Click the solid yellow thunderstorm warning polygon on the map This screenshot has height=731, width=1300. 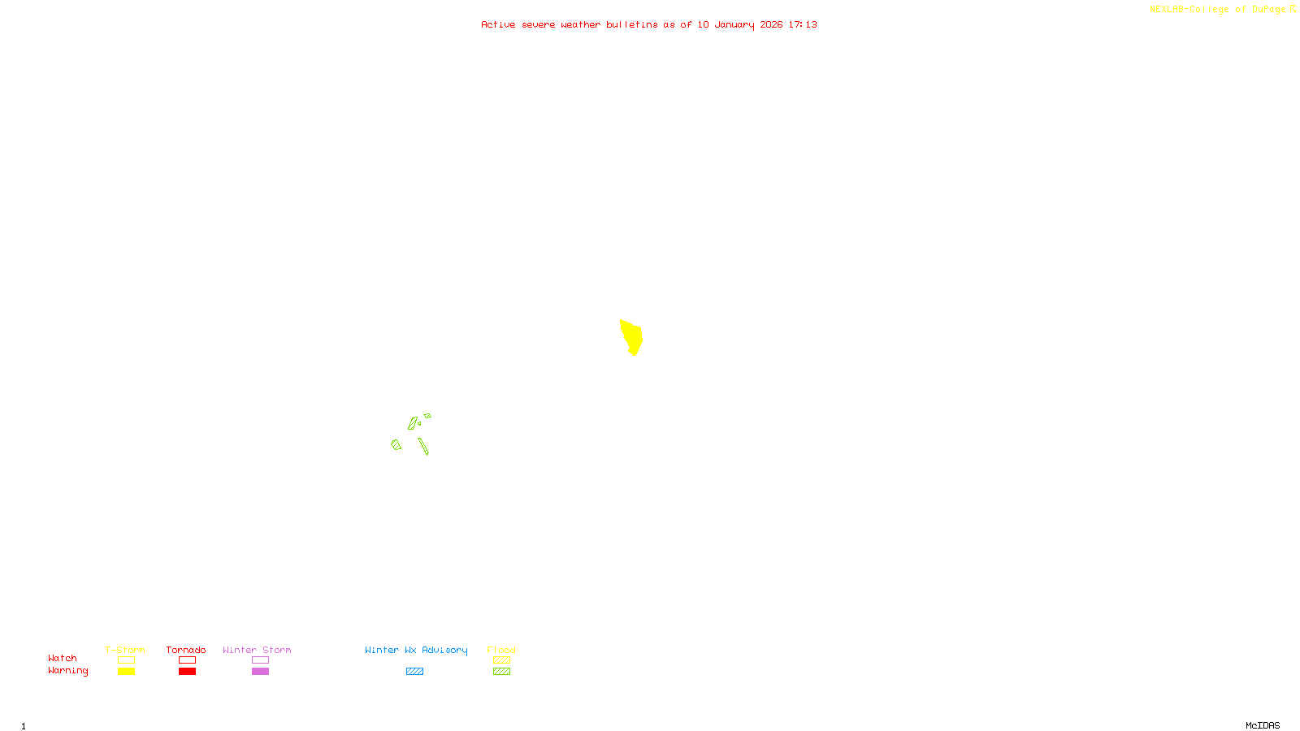tap(631, 335)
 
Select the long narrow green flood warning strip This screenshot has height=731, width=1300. tap(423, 446)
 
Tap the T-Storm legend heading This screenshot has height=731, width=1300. tap(125, 650)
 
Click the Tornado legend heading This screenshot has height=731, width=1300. tap(186, 650)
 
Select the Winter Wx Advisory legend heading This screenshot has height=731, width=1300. tap(416, 650)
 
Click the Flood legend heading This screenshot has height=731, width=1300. tap(501, 650)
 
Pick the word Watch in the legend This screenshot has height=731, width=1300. tap(63, 658)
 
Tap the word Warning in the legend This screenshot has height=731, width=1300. tap(68, 671)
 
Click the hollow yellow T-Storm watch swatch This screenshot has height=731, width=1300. tap(126, 660)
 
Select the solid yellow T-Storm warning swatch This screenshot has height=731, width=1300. tap(126, 672)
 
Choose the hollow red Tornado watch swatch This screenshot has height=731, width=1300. tap(188, 660)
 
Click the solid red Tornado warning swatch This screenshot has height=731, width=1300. tap(188, 672)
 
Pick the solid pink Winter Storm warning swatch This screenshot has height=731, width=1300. tap(260, 672)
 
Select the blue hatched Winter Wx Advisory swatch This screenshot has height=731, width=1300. tap(414, 672)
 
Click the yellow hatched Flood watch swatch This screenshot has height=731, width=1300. tap(502, 660)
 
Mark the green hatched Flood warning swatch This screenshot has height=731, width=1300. tap(502, 672)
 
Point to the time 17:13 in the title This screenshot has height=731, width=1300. tap(803, 24)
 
